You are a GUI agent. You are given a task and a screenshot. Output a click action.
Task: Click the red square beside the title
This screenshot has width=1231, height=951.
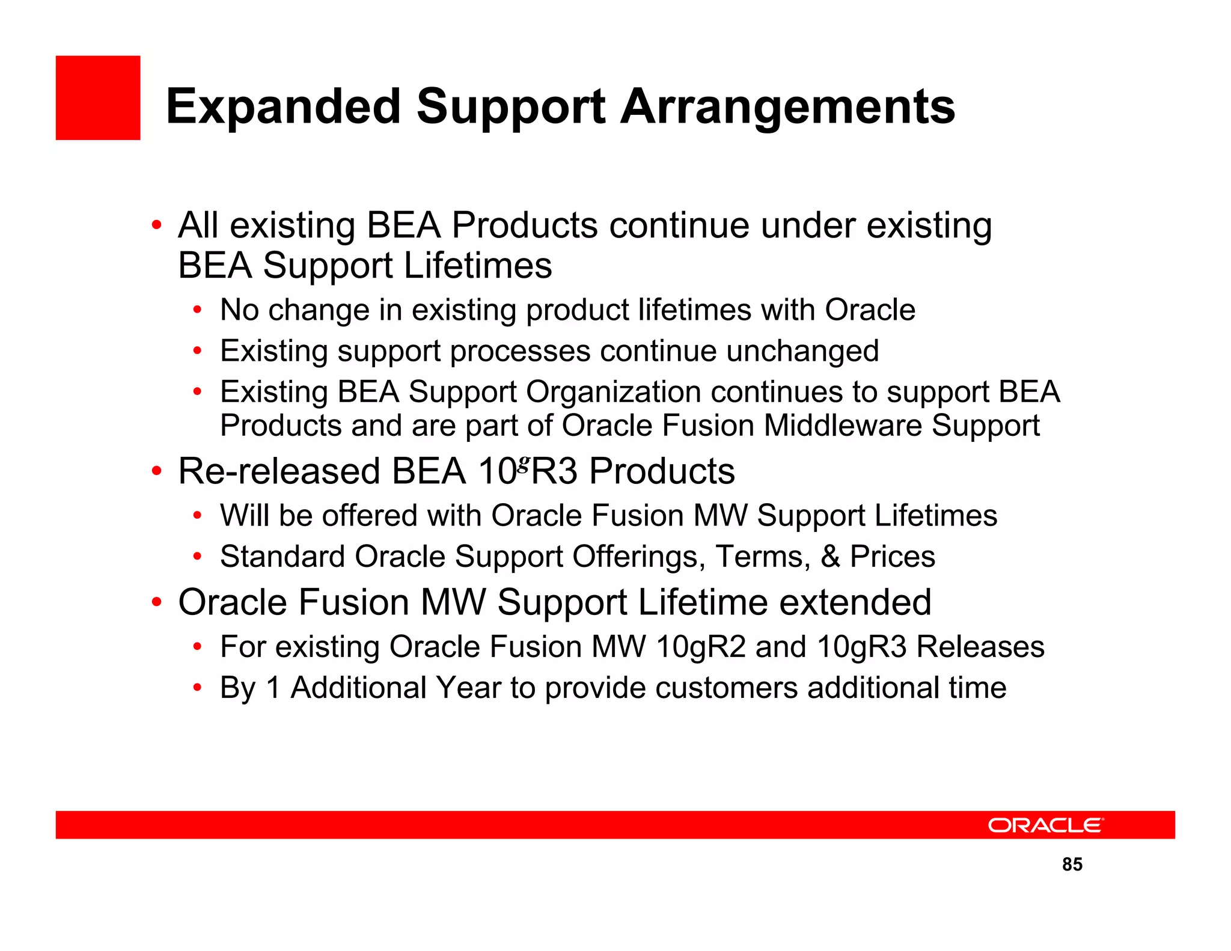98,98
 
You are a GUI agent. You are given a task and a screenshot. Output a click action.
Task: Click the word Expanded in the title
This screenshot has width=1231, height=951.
283,107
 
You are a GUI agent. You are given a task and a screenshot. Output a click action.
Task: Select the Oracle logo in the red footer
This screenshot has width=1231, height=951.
1046,825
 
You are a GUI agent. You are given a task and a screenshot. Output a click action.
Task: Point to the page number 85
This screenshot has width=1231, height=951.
1072,864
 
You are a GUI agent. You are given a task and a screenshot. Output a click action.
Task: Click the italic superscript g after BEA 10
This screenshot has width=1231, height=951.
524,463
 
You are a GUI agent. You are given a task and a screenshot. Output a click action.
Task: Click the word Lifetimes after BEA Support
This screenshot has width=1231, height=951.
478,266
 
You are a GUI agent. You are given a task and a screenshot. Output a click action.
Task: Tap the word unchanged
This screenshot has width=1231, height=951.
802,350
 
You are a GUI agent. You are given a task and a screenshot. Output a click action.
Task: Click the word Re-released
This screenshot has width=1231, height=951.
279,471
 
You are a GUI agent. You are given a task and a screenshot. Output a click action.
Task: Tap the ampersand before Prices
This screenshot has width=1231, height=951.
830,556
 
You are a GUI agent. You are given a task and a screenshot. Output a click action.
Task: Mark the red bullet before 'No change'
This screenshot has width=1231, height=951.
197,310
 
